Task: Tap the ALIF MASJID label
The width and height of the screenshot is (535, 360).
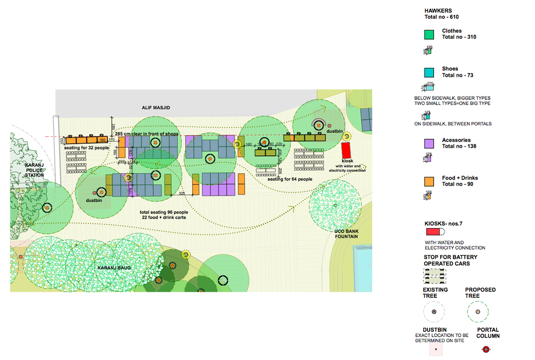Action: pyautogui.click(x=156, y=108)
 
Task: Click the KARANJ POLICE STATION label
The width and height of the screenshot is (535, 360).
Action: pyautogui.click(x=34, y=170)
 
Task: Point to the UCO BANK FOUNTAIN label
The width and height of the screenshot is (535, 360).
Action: pyautogui.click(x=346, y=234)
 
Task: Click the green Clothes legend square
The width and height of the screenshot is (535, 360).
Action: pyautogui.click(x=429, y=34)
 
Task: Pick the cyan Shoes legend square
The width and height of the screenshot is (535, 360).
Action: pyautogui.click(x=429, y=72)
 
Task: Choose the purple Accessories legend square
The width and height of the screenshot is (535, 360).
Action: pyautogui.click(x=429, y=144)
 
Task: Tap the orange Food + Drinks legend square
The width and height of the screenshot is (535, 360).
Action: pyautogui.click(x=429, y=181)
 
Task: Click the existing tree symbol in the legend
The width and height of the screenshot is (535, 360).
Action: pyautogui.click(x=434, y=311)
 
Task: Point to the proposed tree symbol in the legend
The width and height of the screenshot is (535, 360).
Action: pyautogui.click(x=478, y=311)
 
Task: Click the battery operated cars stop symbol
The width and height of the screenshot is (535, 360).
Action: pyautogui.click(x=435, y=276)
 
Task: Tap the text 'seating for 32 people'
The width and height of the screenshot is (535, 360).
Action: pyautogui.click(x=86, y=148)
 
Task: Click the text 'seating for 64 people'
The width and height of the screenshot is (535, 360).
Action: pyautogui.click(x=290, y=179)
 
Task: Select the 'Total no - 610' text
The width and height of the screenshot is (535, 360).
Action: pyautogui.click(x=441, y=17)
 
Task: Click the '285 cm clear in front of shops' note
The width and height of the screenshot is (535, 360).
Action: pyautogui.click(x=147, y=134)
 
